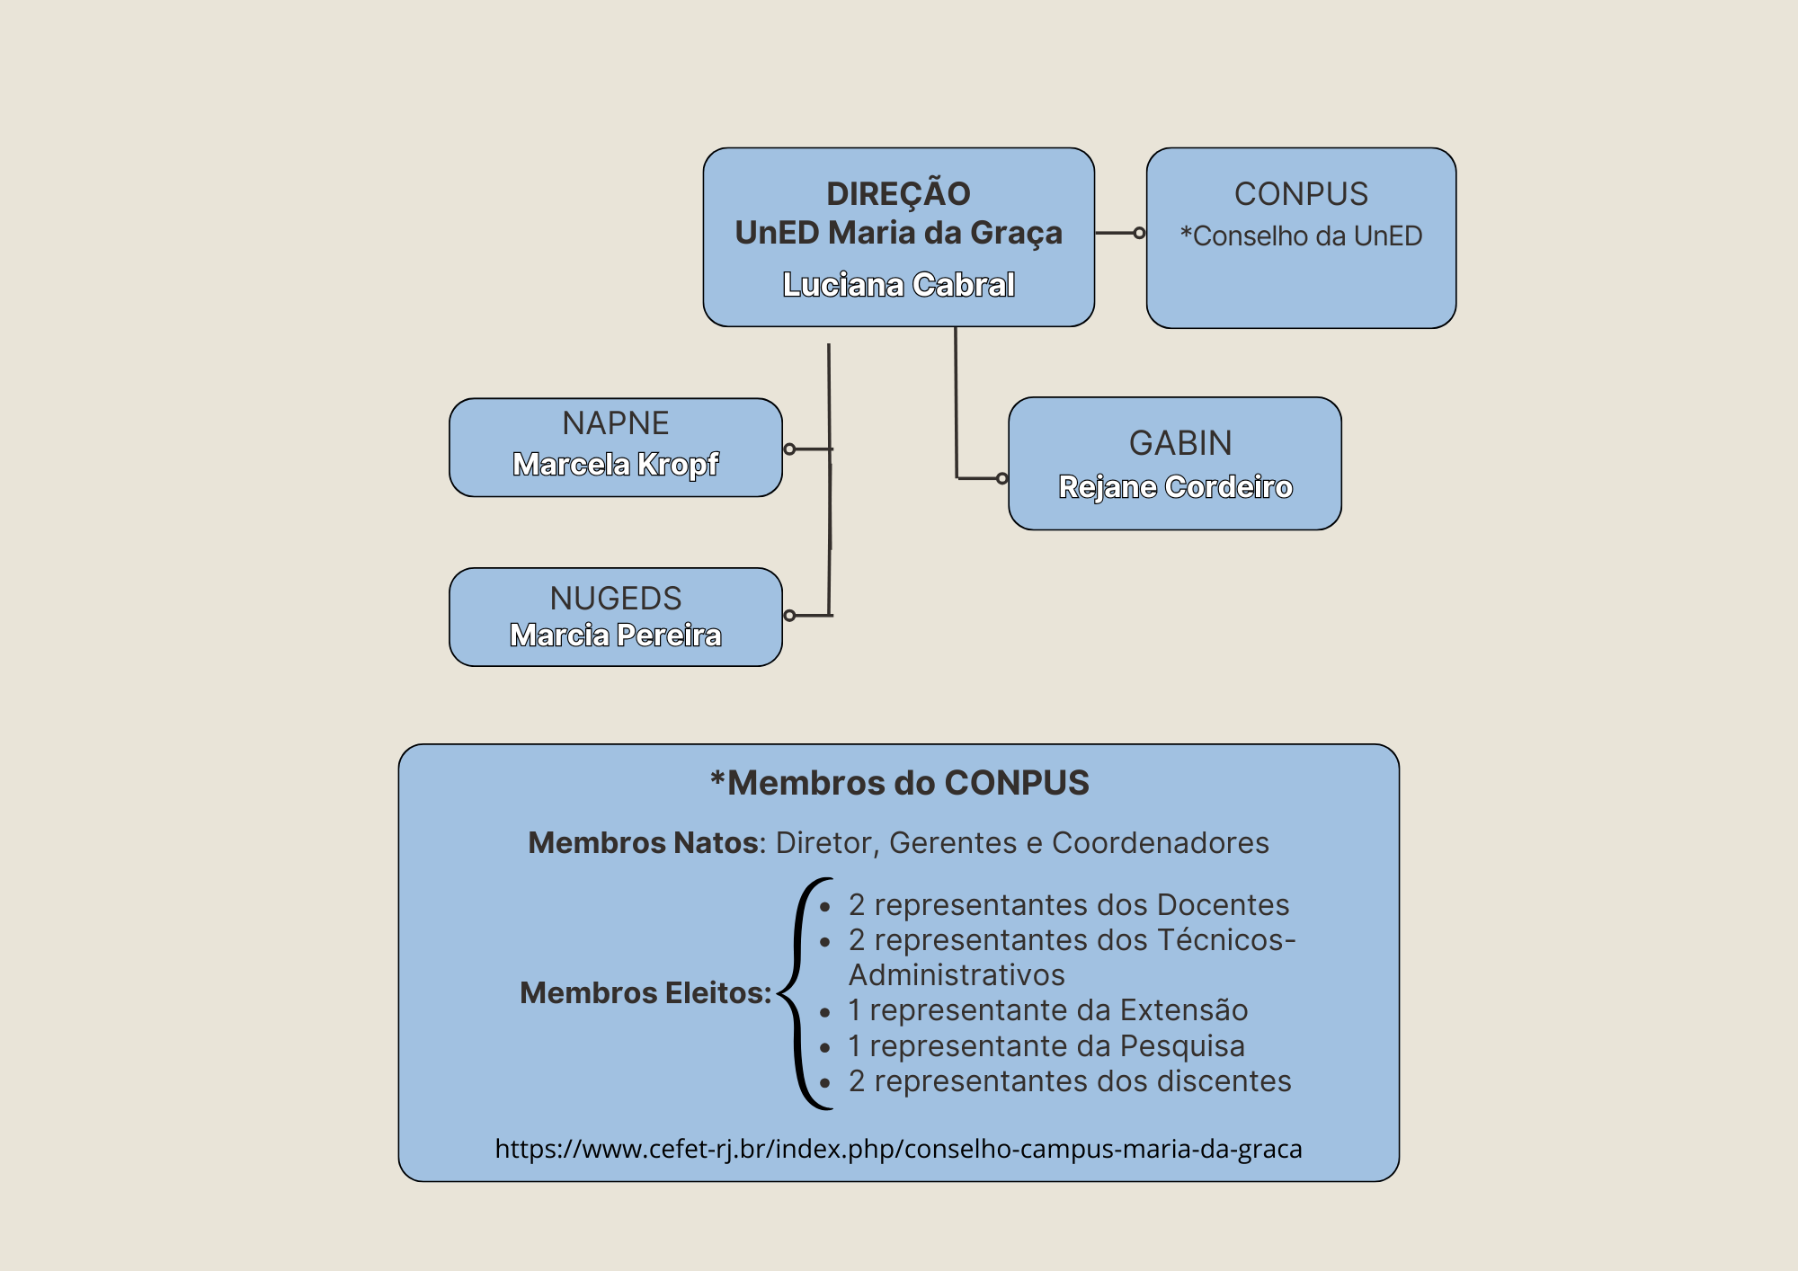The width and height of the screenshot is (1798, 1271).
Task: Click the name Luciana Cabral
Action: [x=898, y=285]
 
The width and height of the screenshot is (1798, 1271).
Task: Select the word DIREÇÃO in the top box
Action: [x=898, y=192]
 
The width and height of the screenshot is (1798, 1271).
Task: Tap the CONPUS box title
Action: [x=1301, y=194]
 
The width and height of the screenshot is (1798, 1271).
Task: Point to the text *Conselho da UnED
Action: [x=1301, y=236]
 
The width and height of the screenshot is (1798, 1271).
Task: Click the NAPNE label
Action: [x=616, y=423]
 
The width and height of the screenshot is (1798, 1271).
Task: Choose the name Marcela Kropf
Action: [x=616, y=464]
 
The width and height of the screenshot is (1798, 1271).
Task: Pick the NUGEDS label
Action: [x=616, y=599]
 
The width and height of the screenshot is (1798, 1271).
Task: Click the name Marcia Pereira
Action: [x=616, y=635]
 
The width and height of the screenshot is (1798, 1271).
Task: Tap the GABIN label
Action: [x=1180, y=443]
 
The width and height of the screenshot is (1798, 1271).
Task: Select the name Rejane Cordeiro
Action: [x=1176, y=486]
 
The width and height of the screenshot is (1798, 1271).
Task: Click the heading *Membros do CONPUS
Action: [x=899, y=783]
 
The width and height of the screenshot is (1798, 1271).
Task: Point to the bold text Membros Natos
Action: [x=644, y=843]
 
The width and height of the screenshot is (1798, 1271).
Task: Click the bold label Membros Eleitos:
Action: [x=645, y=992]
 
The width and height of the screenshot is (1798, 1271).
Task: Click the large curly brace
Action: [x=797, y=993]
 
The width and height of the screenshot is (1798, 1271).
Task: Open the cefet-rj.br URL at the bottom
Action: [x=899, y=1150]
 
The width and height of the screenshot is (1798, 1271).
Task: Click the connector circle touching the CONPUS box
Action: [x=1139, y=233]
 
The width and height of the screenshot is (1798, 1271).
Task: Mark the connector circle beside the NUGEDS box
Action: [x=789, y=616]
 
